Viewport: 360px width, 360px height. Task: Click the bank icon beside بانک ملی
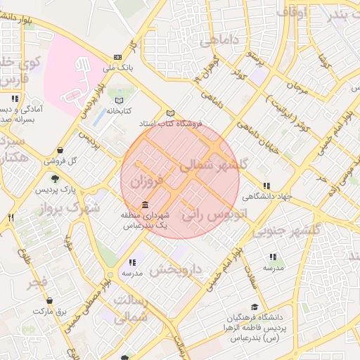(x=117, y=58)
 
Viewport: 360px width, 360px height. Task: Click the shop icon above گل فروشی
(x=61, y=150)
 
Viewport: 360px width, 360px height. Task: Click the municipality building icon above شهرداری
(x=145, y=205)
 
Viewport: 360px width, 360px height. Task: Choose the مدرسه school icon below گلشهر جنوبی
(x=273, y=257)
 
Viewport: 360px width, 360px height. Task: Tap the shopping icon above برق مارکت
(x=49, y=300)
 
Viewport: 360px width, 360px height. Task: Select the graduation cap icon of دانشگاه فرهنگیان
(x=253, y=307)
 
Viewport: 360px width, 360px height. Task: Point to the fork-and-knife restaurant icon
(x=11, y=218)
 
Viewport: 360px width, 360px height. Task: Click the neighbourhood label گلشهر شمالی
(x=214, y=165)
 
